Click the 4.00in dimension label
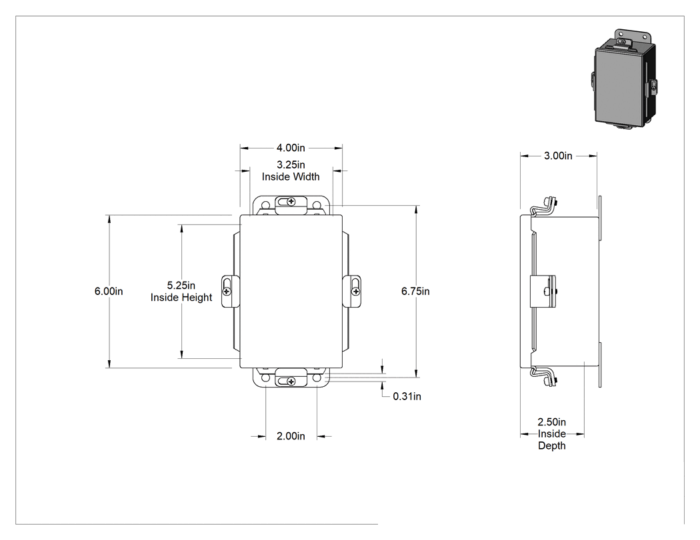291,148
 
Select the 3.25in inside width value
291,165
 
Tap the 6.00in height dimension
109,291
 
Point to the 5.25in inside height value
181,286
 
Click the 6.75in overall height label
415,291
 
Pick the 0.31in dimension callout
407,396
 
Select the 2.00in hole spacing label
291,436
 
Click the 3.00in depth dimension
558,156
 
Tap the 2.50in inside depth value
552,422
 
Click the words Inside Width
291,177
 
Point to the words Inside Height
181,298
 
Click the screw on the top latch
291,202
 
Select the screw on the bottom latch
291,382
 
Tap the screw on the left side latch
227,292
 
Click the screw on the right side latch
355,292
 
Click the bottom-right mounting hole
317,378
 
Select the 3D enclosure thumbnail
625,79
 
